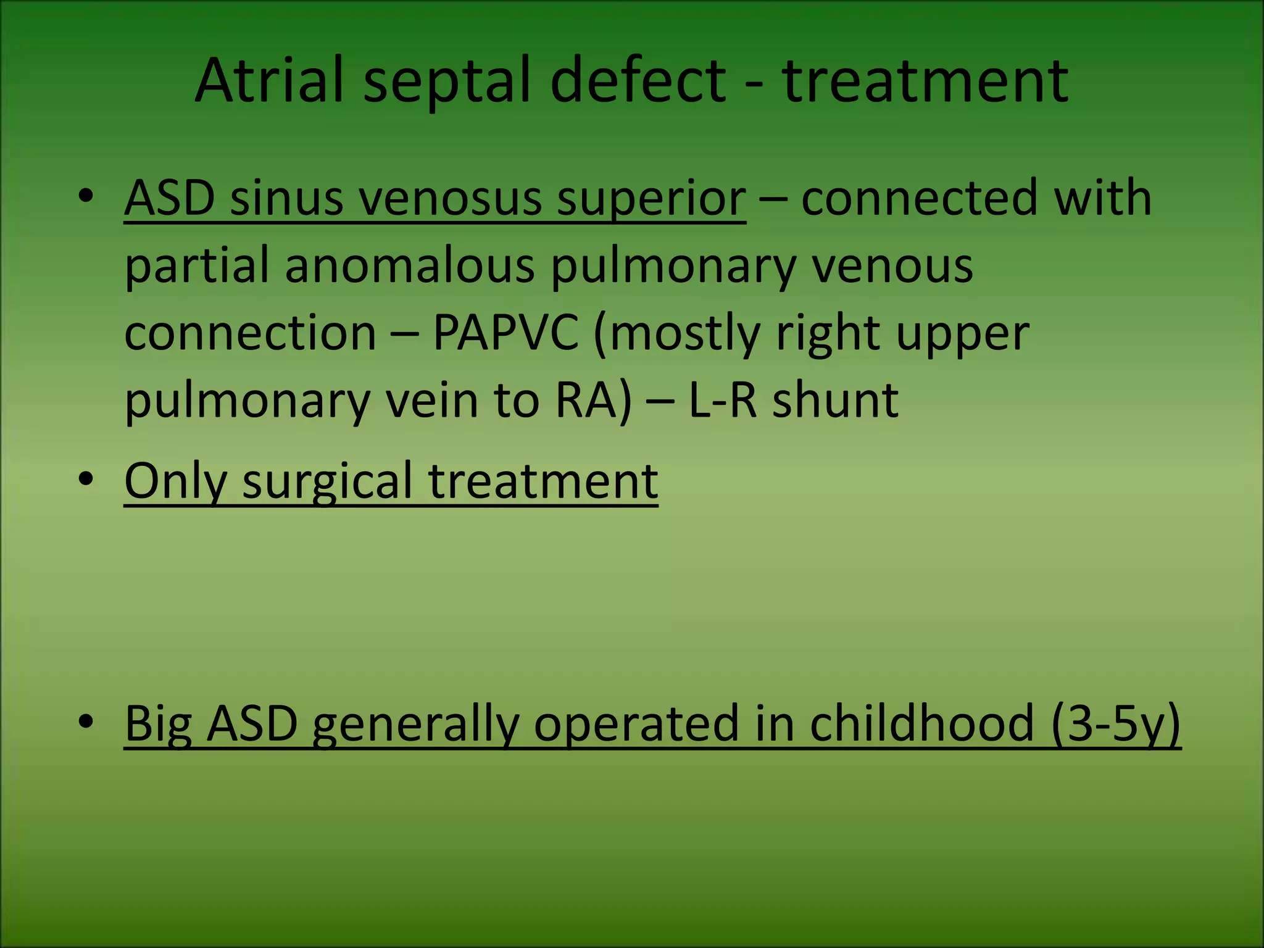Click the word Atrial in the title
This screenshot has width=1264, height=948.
click(268, 80)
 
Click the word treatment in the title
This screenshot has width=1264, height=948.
click(925, 80)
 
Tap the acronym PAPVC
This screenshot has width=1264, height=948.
click(505, 334)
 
